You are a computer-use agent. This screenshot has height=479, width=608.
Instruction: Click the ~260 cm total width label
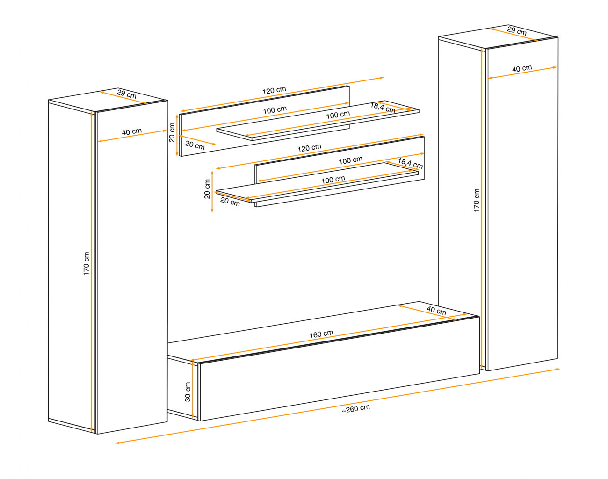(356, 409)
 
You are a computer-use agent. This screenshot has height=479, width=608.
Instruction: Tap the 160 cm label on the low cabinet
(321, 334)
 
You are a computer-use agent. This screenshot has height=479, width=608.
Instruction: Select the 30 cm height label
(188, 392)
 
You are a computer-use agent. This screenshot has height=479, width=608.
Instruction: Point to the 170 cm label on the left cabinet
(86, 264)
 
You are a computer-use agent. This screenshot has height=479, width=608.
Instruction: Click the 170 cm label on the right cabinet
(476, 201)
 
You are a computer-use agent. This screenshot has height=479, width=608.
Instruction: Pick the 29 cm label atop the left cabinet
(127, 94)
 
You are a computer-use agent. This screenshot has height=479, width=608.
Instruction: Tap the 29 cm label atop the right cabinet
(517, 31)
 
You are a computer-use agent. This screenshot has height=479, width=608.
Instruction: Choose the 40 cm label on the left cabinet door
(132, 132)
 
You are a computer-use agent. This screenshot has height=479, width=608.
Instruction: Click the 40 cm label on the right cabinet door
(522, 68)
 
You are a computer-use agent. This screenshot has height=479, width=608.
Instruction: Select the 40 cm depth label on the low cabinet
(436, 310)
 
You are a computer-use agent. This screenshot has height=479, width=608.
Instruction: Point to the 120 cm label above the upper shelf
(274, 90)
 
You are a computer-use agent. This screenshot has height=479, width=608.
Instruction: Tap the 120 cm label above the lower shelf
(309, 148)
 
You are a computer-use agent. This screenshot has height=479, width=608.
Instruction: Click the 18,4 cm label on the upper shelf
(383, 108)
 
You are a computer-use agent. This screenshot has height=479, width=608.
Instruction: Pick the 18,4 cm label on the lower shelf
(410, 163)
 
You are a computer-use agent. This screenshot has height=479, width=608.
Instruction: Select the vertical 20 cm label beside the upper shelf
(172, 132)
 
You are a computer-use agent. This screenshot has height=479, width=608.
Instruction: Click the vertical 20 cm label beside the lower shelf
(207, 189)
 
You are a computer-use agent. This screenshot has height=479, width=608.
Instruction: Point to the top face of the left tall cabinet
(108, 100)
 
